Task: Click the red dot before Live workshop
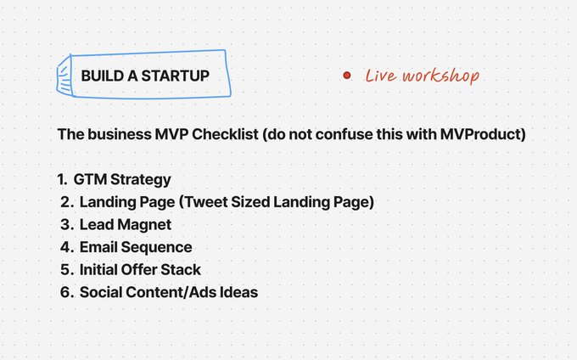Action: (347, 76)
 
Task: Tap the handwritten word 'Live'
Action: (378, 76)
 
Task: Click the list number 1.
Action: (61, 180)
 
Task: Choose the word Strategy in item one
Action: (141, 180)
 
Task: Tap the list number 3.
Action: (65, 225)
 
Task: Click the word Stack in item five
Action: (183, 270)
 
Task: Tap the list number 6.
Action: (65, 292)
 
